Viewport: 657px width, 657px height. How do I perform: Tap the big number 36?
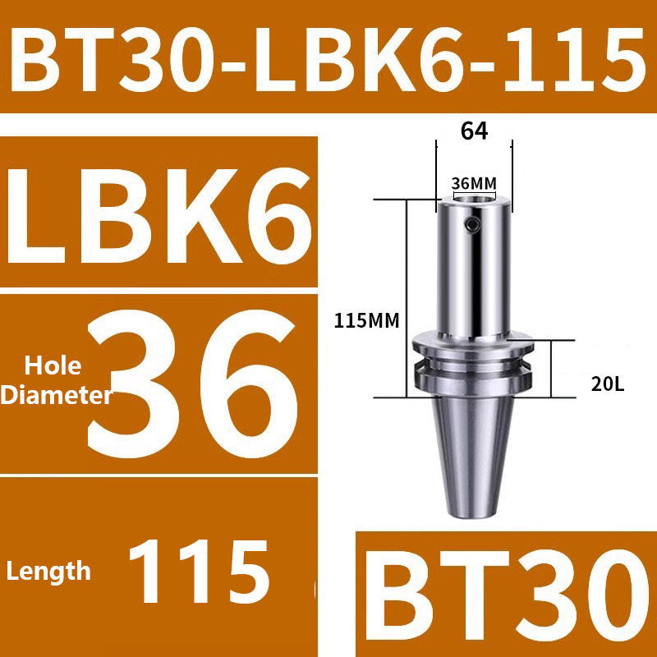193,382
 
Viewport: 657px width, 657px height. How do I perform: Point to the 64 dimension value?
473,131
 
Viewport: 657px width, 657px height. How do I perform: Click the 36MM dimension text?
474,182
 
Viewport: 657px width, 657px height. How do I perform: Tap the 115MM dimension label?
367,321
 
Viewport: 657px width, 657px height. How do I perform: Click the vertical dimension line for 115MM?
405,296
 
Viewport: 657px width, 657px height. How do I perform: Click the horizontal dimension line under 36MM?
474,194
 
